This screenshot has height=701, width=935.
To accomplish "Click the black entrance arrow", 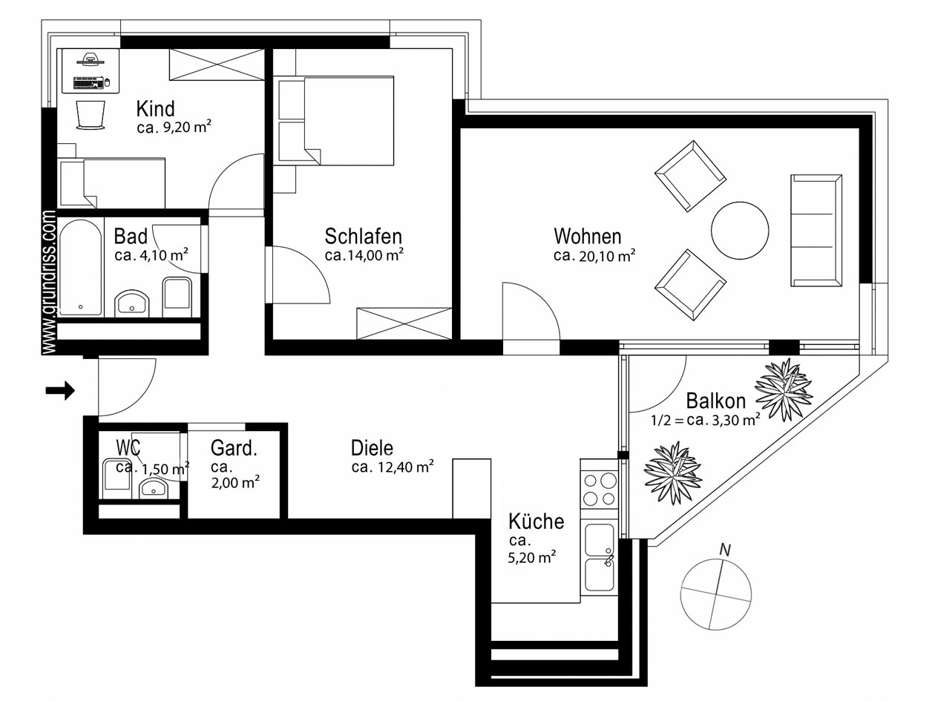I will pos(60,390).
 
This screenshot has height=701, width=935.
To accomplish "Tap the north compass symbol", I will pos(716,594).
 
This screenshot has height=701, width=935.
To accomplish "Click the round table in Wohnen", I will pos(740,231).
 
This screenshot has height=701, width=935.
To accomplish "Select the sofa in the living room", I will pos(816,230).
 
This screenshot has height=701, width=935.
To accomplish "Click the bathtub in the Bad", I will pos(80,268).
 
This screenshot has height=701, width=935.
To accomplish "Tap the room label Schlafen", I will pos(364,237).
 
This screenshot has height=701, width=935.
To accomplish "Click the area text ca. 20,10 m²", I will pos(594,256).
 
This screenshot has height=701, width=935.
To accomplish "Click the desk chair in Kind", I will pos(91,116).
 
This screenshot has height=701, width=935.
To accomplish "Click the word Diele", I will pos(372,448).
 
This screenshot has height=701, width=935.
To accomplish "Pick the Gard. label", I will pos(234,448).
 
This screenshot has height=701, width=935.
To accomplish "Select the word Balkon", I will pos(715,401).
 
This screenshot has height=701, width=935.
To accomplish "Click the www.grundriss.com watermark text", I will pos(50,282).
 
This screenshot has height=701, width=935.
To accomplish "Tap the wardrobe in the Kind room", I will pos(216,65).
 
